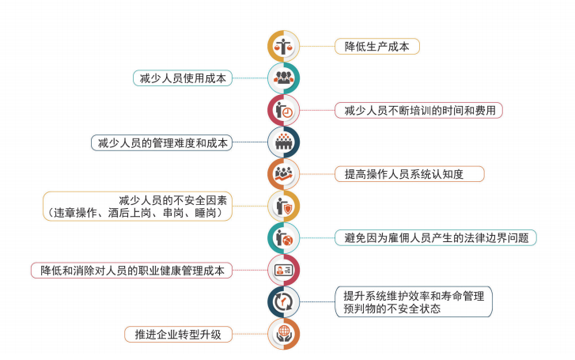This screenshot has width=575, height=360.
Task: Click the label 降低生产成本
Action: [x=376, y=46]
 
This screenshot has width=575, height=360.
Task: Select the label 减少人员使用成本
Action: [x=183, y=78]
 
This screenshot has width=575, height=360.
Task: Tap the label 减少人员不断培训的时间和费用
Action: [x=419, y=110]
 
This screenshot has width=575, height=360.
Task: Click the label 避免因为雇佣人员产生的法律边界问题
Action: [x=436, y=237]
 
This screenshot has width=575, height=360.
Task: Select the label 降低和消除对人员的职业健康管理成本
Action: [x=131, y=270]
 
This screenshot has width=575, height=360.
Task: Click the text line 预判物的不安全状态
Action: [x=388, y=309]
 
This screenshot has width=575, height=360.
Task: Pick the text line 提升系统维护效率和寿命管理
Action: [x=414, y=295]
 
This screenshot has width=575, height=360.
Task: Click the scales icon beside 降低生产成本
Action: [x=283, y=46]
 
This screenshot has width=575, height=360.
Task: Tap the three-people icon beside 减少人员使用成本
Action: [x=283, y=78]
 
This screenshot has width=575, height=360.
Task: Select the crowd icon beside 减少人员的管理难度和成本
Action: [x=283, y=142]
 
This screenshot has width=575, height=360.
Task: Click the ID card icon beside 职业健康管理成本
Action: [x=283, y=270]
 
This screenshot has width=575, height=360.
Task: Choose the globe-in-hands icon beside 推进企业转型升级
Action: [x=283, y=334]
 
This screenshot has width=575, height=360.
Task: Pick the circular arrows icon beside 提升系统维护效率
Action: [x=283, y=301]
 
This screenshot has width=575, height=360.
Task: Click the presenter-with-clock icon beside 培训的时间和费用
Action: [x=283, y=110]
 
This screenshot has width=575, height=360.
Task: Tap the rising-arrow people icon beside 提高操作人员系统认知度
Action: [x=283, y=174]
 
